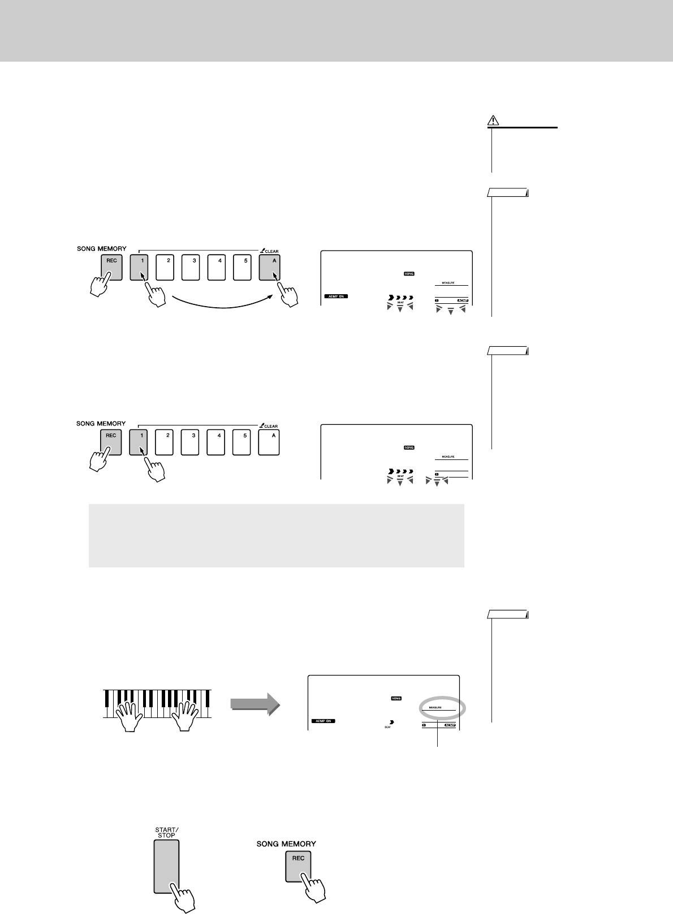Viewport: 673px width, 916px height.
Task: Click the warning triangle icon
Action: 493,121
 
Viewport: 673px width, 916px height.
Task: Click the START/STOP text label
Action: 166,832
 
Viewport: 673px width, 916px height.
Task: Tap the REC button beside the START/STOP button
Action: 298,865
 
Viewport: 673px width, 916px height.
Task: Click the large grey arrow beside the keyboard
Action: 255,703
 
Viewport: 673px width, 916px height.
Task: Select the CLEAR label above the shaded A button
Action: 270,251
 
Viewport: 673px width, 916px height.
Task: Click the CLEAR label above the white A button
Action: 270,425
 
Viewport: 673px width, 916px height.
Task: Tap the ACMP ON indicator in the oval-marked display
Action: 323,721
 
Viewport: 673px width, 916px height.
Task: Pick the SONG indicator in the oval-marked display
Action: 396,698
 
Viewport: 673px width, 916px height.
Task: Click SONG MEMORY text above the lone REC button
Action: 286,844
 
